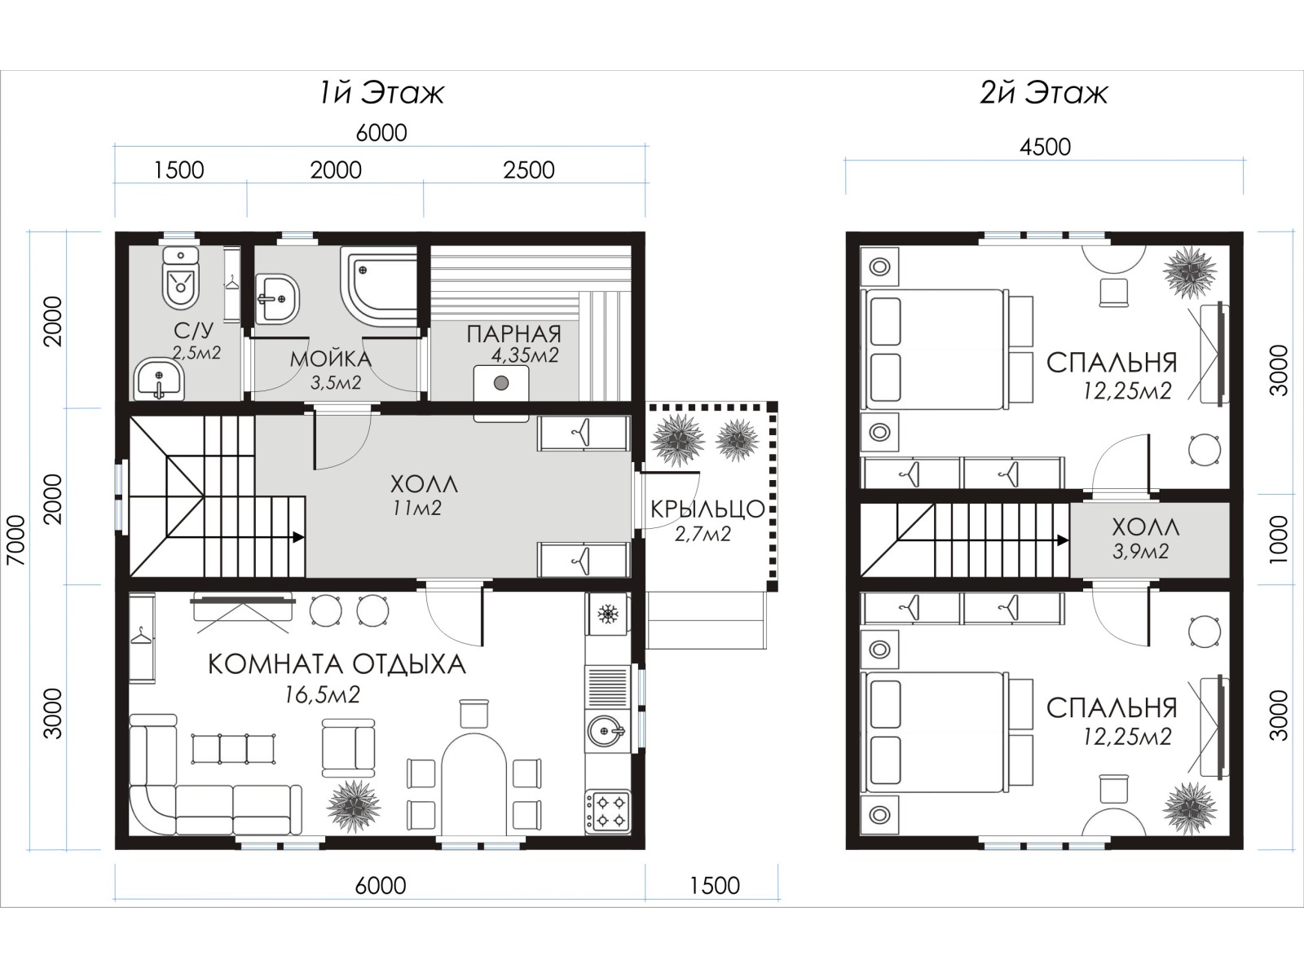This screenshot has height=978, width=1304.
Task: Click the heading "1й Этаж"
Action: [382, 93]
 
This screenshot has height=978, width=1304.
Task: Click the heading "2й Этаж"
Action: [1044, 93]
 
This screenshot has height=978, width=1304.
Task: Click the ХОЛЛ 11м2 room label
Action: [424, 496]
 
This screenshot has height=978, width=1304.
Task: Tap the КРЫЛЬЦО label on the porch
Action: [707, 509]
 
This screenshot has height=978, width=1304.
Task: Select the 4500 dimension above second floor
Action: [1045, 147]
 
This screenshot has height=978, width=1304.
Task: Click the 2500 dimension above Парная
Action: [528, 170]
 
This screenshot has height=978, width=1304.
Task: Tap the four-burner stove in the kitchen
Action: [607, 811]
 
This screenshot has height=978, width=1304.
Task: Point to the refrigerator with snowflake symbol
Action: [607, 614]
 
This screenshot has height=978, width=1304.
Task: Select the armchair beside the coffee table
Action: [348, 747]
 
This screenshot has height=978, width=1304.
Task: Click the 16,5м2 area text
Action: [322, 694]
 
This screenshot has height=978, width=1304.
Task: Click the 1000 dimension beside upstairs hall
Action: [1278, 540]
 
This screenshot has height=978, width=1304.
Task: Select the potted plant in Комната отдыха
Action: [354, 806]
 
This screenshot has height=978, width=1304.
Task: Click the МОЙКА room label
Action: [331, 359]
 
